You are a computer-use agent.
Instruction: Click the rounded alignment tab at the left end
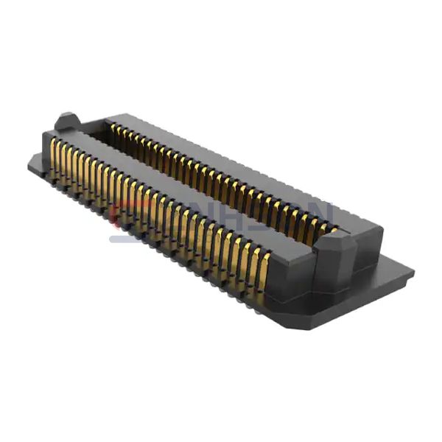pos(67,121)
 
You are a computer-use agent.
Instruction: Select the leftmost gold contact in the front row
pos(55,157)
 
